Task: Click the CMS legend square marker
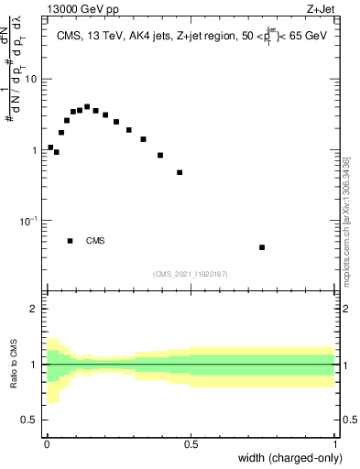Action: tap(71, 241)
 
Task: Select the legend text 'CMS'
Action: tap(95, 241)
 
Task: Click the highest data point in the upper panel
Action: tap(87, 106)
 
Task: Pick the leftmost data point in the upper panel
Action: tap(50, 147)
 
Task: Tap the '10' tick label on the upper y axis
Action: tap(31, 79)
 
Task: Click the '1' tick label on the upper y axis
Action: tap(35, 150)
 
